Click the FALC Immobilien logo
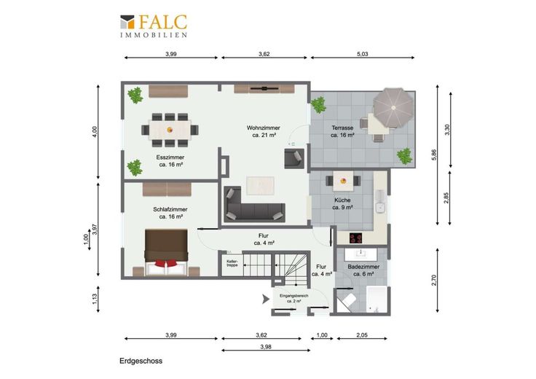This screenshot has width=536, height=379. [154, 26]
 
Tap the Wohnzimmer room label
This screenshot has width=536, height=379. [263, 131]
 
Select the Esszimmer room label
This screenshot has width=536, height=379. [170, 161]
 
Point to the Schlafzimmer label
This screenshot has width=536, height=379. [170, 213]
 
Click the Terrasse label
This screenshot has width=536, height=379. [342, 131]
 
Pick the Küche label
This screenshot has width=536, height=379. [342, 203]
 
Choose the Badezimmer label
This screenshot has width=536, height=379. [363, 270]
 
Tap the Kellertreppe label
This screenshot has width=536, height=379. [232, 263]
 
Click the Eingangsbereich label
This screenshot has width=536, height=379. [294, 298]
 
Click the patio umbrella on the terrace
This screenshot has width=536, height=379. [393, 107]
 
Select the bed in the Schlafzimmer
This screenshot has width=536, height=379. [166, 252]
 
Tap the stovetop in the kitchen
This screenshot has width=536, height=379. [356, 238]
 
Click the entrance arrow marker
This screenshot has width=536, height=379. [265, 299]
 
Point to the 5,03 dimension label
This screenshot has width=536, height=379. [363, 54]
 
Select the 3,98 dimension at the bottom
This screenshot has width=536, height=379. [266, 346]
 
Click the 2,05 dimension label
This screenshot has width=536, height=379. [362, 335]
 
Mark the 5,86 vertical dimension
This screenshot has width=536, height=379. [434, 155]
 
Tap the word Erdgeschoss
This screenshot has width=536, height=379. [141, 361]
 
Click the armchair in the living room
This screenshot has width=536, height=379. [294, 158]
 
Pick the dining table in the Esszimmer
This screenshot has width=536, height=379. [170, 130]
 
